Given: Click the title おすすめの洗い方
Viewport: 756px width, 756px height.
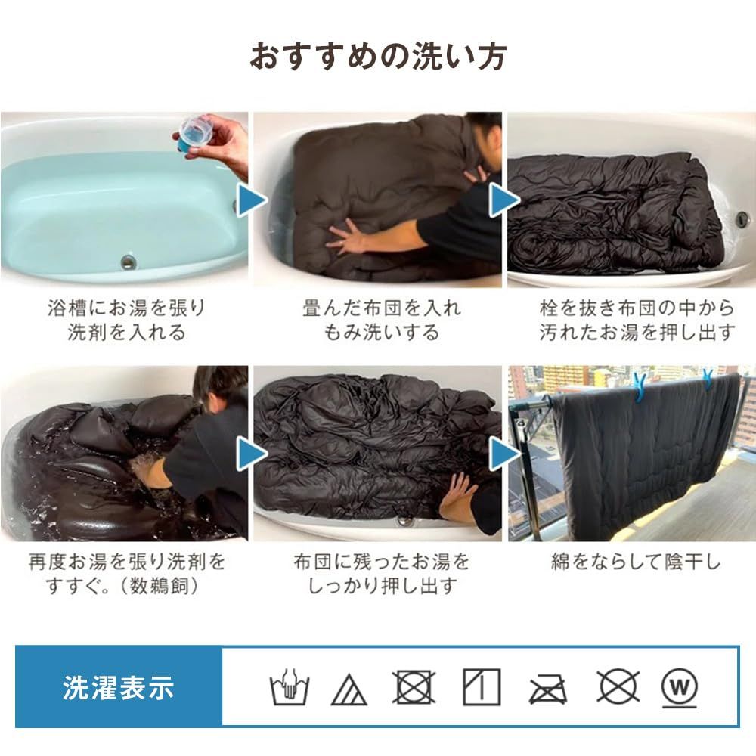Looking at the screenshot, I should point(378,57).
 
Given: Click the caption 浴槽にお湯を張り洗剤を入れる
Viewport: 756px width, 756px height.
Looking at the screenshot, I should point(126,321).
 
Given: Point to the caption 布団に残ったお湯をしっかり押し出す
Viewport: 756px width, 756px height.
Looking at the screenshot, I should point(381,574).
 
